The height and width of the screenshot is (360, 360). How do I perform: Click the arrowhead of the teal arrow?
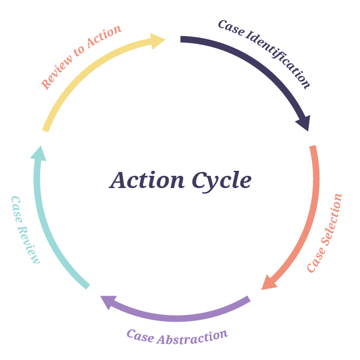click(x=38, y=153)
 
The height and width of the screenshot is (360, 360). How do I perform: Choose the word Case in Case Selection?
click(x=315, y=259)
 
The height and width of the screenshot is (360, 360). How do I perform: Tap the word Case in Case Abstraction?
click(x=140, y=335)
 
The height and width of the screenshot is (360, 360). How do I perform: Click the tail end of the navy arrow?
click(x=183, y=40)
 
